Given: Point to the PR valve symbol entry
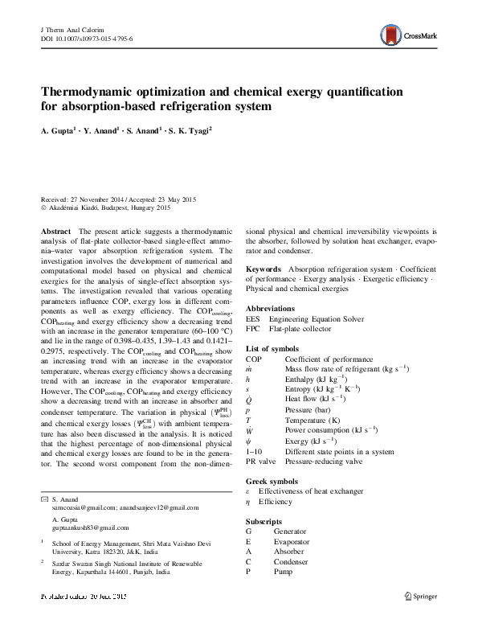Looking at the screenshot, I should [x=261, y=462].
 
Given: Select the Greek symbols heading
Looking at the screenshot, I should [x=272, y=481].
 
